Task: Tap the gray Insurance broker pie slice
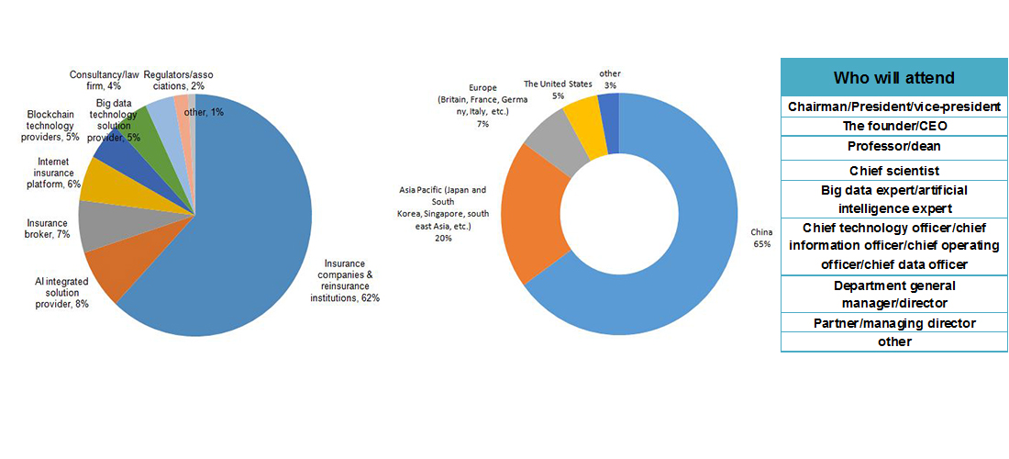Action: tap(95, 227)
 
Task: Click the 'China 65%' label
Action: tap(761, 238)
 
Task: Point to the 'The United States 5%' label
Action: tap(558, 89)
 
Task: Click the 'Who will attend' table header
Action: tap(894, 78)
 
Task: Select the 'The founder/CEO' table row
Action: tap(894, 127)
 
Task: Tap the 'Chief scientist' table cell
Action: tap(894, 171)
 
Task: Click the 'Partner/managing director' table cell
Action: tap(894, 323)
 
